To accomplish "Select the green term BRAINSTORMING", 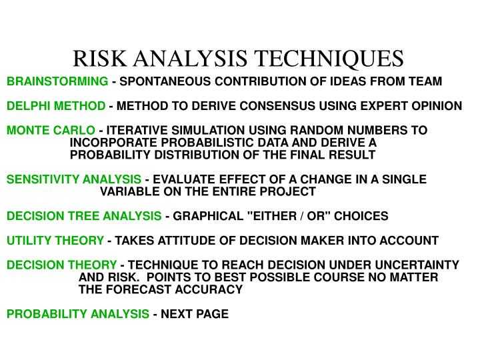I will tap(57, 81).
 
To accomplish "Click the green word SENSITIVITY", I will tap(43, 179).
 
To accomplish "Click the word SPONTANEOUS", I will tap(163, 81).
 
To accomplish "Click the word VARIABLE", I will tap(127, 192).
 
